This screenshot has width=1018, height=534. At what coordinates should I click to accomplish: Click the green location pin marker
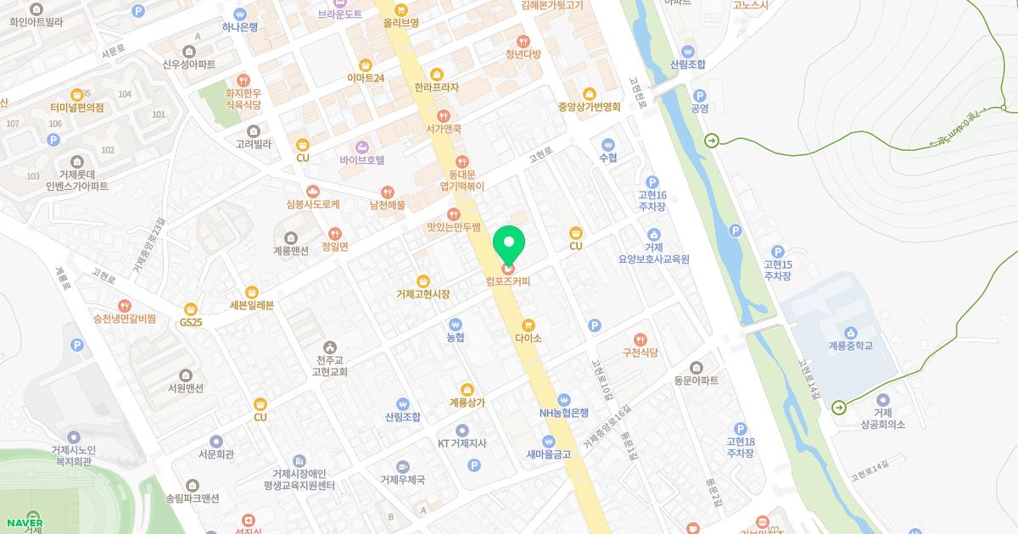click(x=509, y=245)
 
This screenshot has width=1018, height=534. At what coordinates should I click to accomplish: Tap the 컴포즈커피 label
click(x=508, y=281)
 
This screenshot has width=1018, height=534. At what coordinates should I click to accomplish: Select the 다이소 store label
click(x=528, y=337)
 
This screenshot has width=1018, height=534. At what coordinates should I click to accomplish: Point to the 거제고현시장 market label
click(x=422, y=294)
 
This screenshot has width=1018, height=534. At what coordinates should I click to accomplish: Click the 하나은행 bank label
click(x=240, y=26)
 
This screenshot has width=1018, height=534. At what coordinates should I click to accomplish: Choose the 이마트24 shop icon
click(x=366, y=64)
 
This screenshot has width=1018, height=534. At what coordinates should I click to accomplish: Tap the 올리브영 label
click(x=400, y=23)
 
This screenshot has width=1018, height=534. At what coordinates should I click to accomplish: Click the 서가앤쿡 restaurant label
click(x=443, y=129)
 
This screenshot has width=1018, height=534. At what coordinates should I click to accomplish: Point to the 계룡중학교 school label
click(x=850, y=346)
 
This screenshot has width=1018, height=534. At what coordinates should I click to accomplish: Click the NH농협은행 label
click(x=564, y=413)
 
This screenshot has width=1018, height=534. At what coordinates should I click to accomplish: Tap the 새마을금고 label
click(x=548, y=454)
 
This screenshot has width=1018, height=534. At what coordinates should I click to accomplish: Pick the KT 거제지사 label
click(x=462, y=443)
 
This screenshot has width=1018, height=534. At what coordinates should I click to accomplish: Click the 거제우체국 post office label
click(x=402, y=479)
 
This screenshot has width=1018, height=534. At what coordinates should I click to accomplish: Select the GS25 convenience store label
click(x=191, y=322)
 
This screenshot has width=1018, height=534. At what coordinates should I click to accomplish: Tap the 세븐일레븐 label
click(x=251, y=305)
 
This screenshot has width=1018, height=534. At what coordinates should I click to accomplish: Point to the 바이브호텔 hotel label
click(x=362, y=159)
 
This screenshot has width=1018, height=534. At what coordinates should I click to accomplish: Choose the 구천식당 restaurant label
click(x=640, y=352)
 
